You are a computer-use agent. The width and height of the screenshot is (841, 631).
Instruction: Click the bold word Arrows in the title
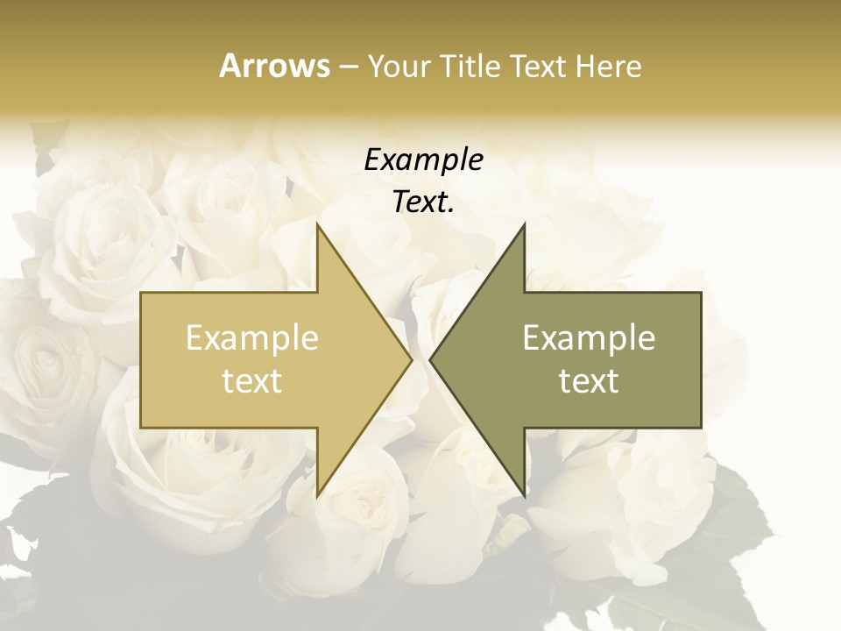coord(274,66)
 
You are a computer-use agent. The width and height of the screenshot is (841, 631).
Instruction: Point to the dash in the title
coord(348,67)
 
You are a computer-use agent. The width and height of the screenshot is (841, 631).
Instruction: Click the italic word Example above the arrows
coord(423,160)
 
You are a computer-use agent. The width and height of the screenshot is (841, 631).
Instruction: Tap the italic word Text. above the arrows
coord(423,202)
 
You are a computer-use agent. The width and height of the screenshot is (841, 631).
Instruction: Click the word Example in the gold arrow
coord(252,338)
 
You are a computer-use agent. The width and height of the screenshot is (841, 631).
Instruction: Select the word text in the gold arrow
coord(252,381)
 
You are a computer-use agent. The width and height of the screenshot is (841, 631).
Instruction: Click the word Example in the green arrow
coord(589,338)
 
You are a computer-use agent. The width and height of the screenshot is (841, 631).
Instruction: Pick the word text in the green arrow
coord(589,381)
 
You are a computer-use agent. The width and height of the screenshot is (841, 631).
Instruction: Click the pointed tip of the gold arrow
coord(411,360)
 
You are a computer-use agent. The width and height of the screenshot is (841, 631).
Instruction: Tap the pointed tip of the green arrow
coord(430,360)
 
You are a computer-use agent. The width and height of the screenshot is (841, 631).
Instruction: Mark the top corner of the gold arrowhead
coord(317,223)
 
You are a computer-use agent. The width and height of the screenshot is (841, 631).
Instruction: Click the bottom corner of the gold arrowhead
coord(317,497)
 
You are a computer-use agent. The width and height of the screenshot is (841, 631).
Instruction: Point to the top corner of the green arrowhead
coord(524,223)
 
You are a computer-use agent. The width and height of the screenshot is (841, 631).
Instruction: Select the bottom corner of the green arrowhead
coord(524,497)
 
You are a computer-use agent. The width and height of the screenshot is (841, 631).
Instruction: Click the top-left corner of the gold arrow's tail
coord(141,293)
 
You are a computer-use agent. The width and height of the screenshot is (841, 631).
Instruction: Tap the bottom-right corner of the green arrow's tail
coord(701,428)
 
